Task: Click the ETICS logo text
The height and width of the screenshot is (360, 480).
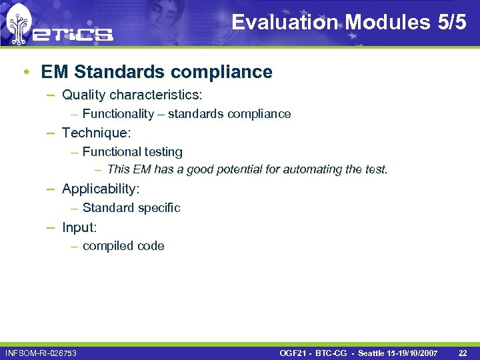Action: [75, 33]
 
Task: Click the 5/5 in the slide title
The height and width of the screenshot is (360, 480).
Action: [451, 23]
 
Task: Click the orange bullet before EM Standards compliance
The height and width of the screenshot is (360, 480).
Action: [25, 72]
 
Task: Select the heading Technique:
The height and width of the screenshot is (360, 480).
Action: [97, 133]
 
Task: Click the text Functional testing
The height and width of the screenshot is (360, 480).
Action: [132, 152]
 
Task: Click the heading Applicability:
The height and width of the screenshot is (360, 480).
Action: [101, 189]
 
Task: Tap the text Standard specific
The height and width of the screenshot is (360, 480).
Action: [131, 208]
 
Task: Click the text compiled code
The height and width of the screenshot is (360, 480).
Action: [123, 246]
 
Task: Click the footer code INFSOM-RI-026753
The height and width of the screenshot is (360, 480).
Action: [41, 352]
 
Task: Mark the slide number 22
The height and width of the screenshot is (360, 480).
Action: [463, 352]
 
